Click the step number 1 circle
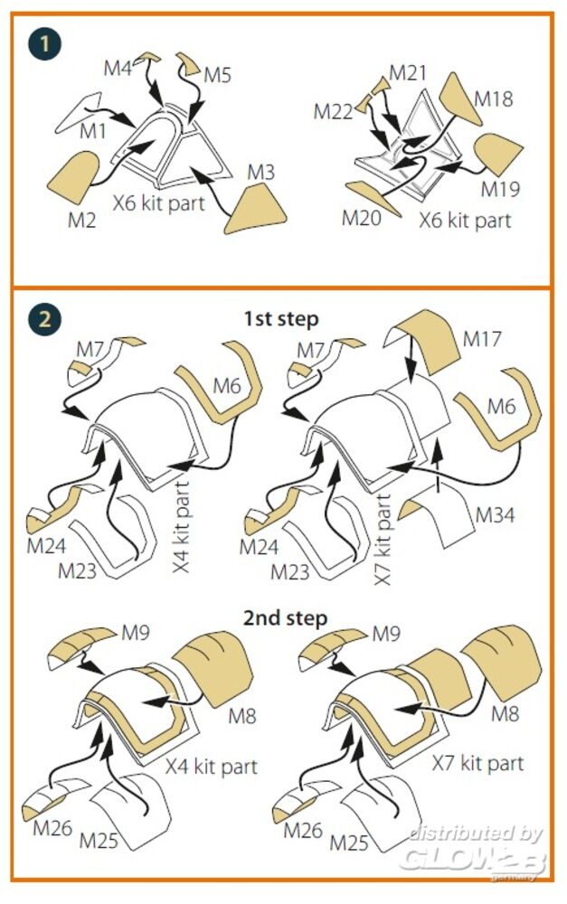[42, 43]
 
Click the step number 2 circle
[42, 317]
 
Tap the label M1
[93, 132]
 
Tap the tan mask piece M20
[374, 197]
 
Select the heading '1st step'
[280, 319]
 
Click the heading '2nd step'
[284, 618]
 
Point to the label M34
[495, 515]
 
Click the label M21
[408, 72]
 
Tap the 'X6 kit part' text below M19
[465, 220]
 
